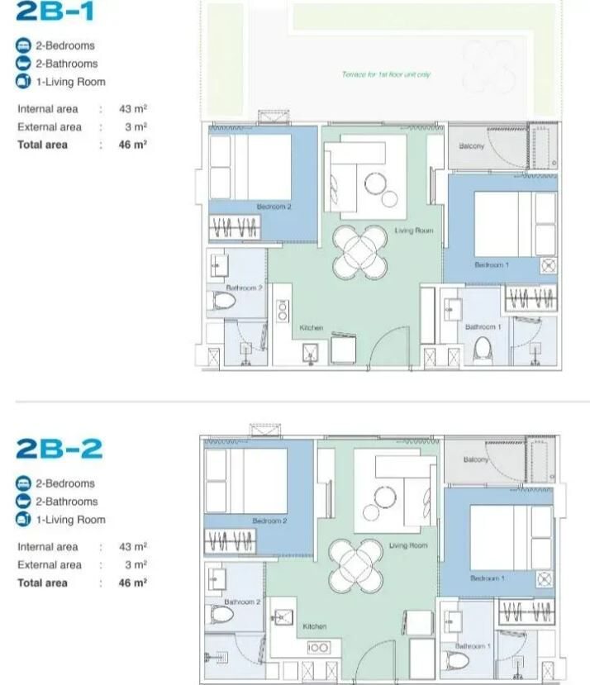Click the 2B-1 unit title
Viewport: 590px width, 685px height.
pyautogui.click(x=55, y=11)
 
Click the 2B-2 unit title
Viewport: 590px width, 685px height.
pyautogui.click(x=59, y=449)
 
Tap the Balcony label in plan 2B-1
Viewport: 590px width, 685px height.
pyautogui.click(x=472, y=146)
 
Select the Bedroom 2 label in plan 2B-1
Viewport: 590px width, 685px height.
pyautogui.click(x=274, y=207)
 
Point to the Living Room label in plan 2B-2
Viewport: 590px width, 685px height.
pyautogui.click(x=408, y=545)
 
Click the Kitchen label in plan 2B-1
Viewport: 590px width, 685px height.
pyautogui.click(x=312, y=328)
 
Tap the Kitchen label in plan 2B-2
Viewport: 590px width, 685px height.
pyautogui.click(x=314, y=626)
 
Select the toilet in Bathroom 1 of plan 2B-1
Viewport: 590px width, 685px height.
pyautogui.click(x=483, y=351)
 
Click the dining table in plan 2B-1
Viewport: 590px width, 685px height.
pyautogui.click(x=359, y=253)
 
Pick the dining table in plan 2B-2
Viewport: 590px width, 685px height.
pyautogui.click(x=356, y=566)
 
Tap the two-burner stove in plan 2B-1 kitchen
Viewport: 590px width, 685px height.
pyautogui.click(x=283, y=310)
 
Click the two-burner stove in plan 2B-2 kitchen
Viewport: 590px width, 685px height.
pyautogui.click(x=318, y=647)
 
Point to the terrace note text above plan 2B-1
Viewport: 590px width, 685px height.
pyautogui.click(x=387, y=74)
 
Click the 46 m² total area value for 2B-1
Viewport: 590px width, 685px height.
pyautogui.click(x=133, y=145)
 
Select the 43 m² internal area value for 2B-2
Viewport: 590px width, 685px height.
pyautogui.click(x=133, y=546)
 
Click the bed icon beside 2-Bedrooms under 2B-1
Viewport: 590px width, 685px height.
pyautogui.click(x=23, y=45)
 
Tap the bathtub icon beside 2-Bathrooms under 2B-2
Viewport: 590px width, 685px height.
pyautogui.click(x=23, y=502)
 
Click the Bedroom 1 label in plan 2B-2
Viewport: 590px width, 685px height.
pyautogui.click(x=488, y=578)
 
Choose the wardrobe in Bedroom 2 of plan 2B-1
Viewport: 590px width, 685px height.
pyautogui.click(x=235, y=227)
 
